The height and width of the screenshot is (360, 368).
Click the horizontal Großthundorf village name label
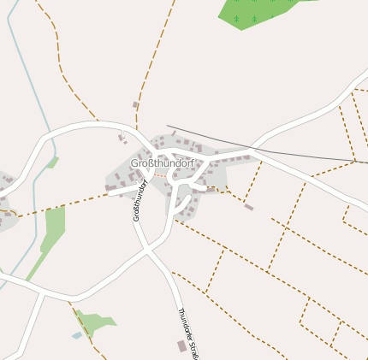click(x=163, y=162)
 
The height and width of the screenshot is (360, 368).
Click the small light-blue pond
click(x=77, y=335)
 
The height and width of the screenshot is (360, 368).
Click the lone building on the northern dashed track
click(x=135, y=105)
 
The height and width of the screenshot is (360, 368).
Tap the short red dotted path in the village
click(x=160, y=174)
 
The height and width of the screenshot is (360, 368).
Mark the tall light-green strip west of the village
click(x=53, y=227)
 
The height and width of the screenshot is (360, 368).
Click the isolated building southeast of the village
click(x=248, y=207)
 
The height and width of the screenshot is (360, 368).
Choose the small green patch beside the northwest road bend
click(x=52, y=162)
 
